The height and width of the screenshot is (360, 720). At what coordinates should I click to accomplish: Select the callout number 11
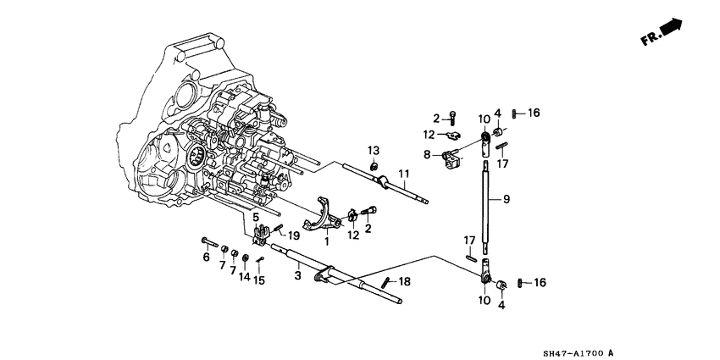click(403, 174)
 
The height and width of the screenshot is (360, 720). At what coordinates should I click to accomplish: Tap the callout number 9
click(507, 199)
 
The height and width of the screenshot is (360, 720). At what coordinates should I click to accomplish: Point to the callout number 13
click(374, 150)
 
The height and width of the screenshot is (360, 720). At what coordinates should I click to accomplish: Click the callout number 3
click(297, 276)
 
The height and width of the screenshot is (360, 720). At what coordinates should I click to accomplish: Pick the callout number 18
click(405, 281)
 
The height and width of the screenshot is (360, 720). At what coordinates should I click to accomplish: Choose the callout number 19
click(293, 236)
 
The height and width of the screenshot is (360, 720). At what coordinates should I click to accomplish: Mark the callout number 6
click(206, 258)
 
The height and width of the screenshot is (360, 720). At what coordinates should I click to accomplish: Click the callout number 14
click(244, 276)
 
